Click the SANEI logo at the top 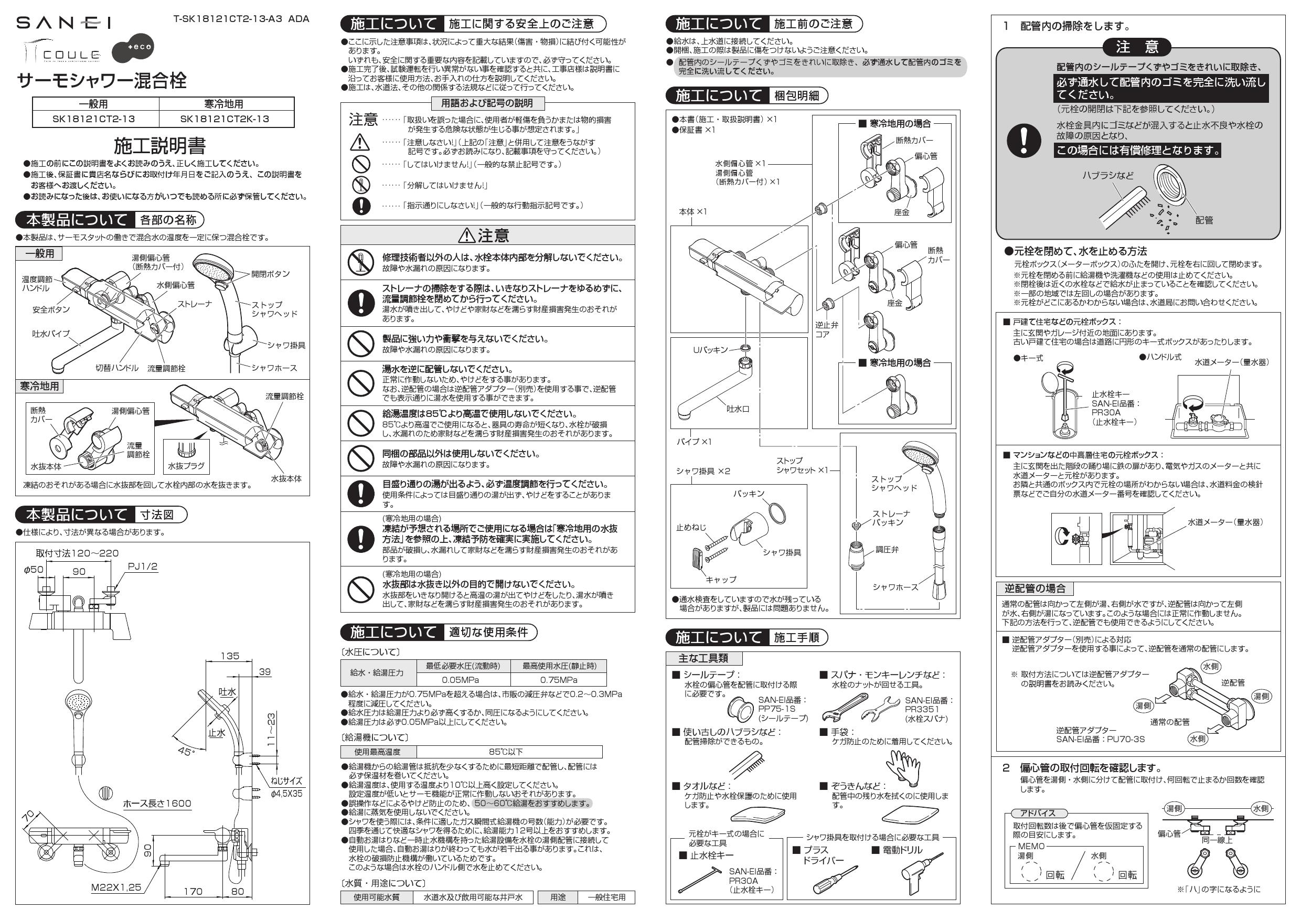coord(63,23)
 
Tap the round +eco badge coord(133,47)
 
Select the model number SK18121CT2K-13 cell coord(225,119)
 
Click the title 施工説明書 coord(160,146)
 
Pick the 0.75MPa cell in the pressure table coord(558,680)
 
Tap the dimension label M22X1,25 coord(116,887)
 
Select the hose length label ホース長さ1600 coord(157,804)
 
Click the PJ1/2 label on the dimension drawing coord(143,566)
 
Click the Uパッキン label coord(710,349)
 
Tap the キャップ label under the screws coord(721,580)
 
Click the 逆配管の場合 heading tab coord(1035,589)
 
